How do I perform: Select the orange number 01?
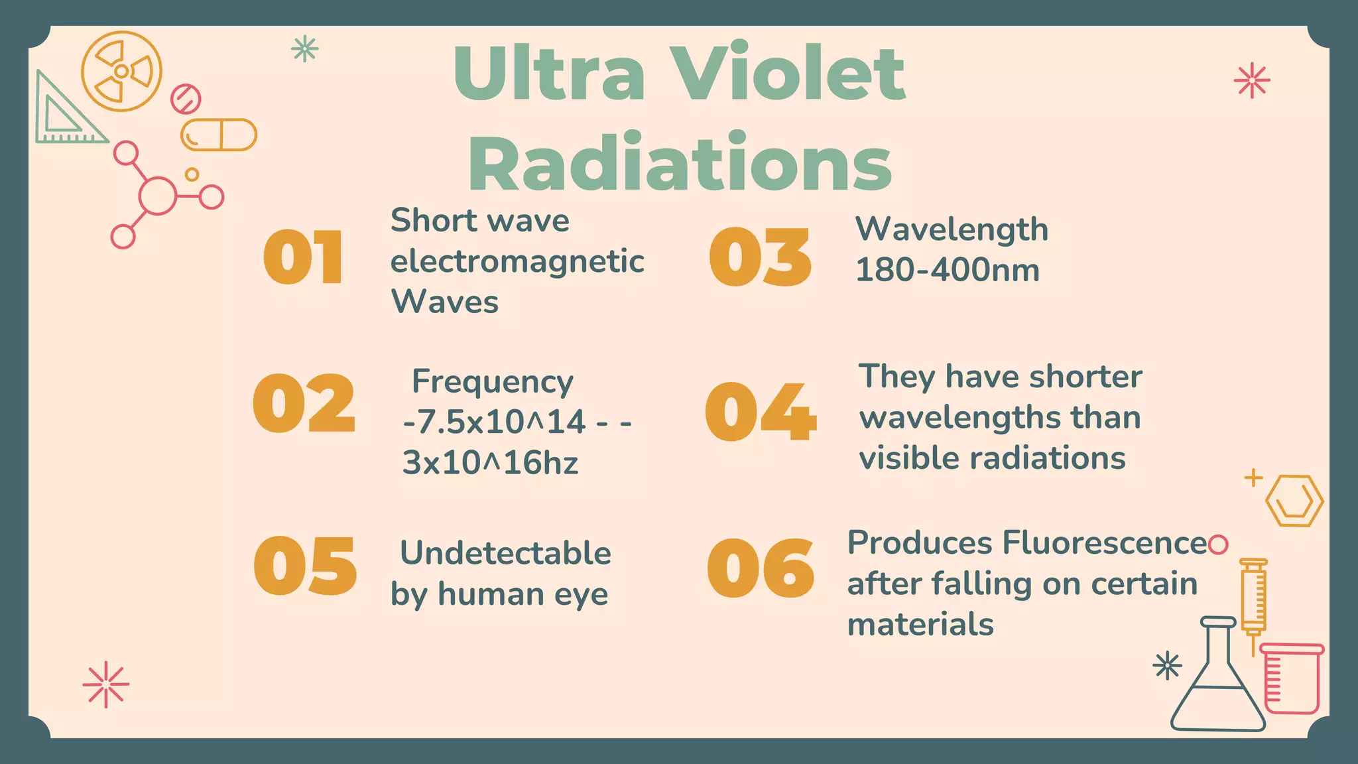point(304,258)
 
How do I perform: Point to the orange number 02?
point(304,403)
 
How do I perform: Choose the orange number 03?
point(761,257)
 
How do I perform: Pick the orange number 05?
point(305,566)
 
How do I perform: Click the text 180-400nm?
point(947,271)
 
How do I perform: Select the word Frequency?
point(492,382)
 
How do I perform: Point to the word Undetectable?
point(505,553)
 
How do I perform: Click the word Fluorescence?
point(1104,543)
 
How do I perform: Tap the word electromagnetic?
point(517,261)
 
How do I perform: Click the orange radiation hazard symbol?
point(122,71)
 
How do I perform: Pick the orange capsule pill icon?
point(219,135)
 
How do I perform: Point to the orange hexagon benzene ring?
point(1294,501)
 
